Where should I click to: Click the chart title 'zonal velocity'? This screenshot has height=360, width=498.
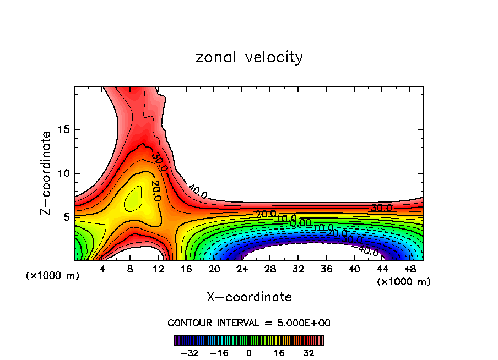[249, 57]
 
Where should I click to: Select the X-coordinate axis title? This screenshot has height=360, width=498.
[249, 297]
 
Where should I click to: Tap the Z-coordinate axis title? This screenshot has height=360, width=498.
[47, 173]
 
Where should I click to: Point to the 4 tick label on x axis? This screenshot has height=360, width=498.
[102, 269]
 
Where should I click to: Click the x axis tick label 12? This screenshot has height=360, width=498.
[158, 269]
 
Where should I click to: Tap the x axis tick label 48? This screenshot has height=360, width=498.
[409, 269]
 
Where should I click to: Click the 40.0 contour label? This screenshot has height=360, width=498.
[197, 192]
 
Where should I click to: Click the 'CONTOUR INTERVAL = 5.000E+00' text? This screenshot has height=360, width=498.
[249, 323]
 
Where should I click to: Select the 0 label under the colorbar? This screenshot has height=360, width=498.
[249, 352]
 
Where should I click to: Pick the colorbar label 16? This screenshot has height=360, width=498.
[279, 352]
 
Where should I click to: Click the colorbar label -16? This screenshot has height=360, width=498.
[219, 352]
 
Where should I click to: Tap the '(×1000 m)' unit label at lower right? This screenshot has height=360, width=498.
[404, 282]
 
